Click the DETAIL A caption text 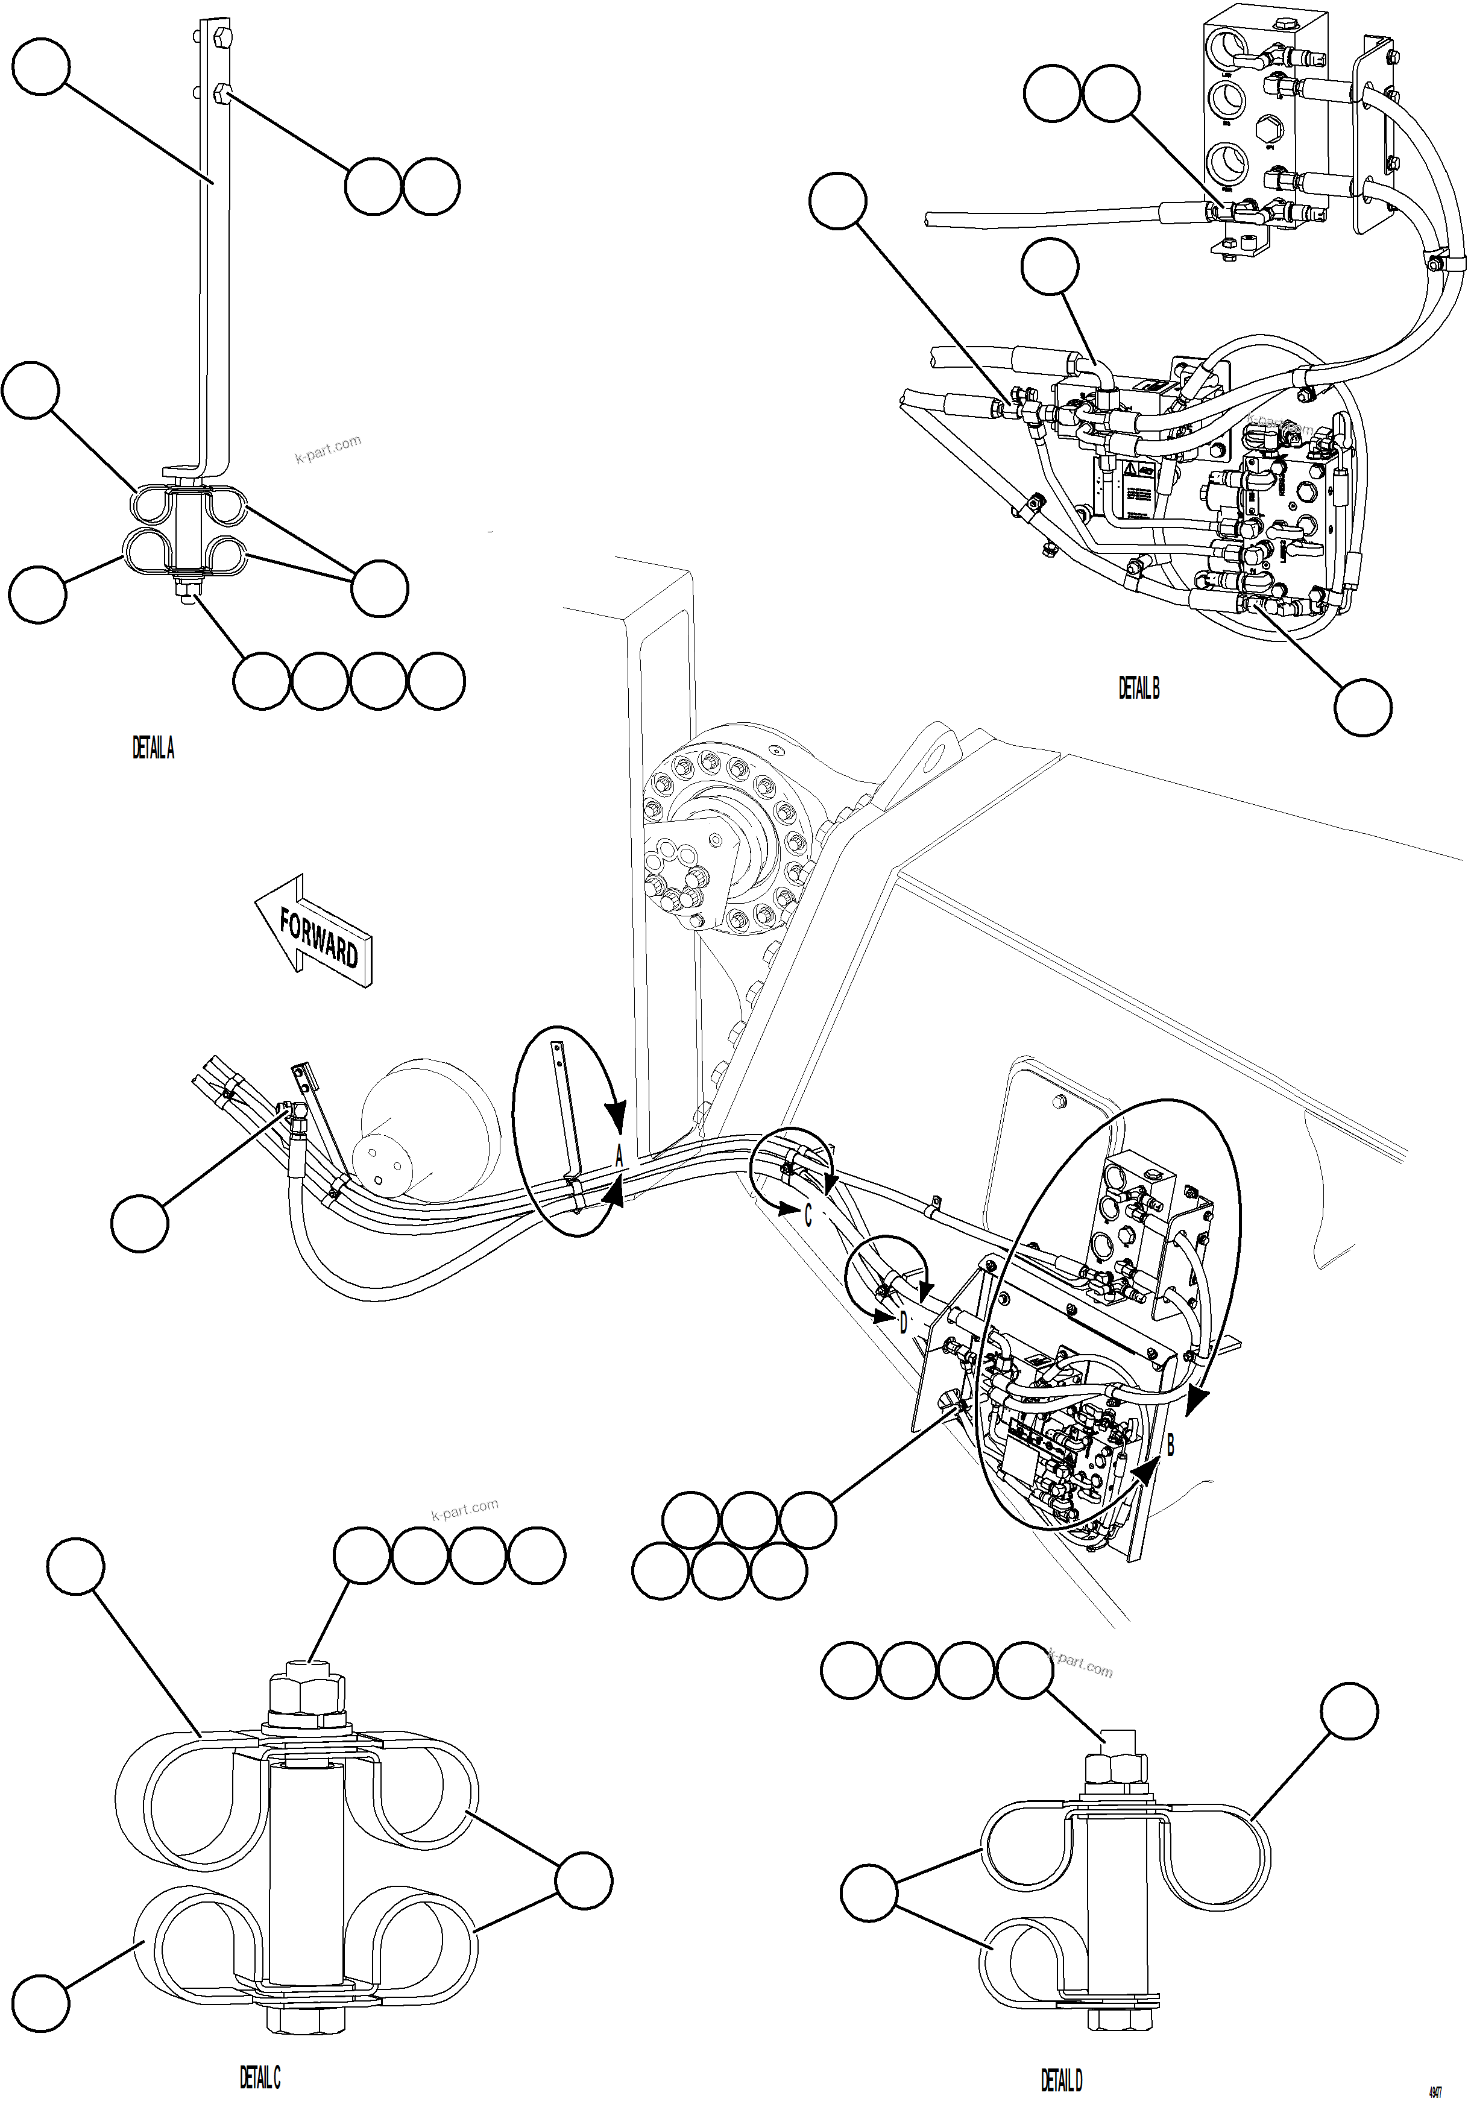(153, 749)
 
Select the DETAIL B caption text (1138, 688)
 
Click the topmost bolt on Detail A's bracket (223, 39)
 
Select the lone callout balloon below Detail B (1362, 707)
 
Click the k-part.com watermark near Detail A (327, 449)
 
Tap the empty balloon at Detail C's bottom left (41, 2003)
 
